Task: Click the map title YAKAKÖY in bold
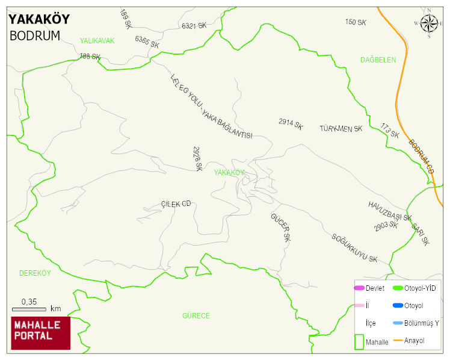[x=39, y=19]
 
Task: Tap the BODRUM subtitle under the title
[x=35, y=36]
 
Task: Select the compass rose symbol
[x=429, y=23]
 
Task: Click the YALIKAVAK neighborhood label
[x=97, y=41]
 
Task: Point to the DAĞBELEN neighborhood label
[x=378, y=60]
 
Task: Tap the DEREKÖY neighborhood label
[x=35, y=273]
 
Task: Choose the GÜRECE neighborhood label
[x=196, y=315]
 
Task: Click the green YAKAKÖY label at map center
[x=229, y=173]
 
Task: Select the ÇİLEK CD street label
[x=176, y=204]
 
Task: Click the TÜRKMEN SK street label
[x=341, y=129]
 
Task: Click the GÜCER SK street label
[x=280, y=227]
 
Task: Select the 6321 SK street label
[x=194, y=26]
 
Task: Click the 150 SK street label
[x=356, y=22]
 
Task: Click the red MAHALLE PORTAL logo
[x=40, y=333]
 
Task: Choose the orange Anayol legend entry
[x=409, y=341]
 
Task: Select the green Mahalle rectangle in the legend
[x=359, y=341]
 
